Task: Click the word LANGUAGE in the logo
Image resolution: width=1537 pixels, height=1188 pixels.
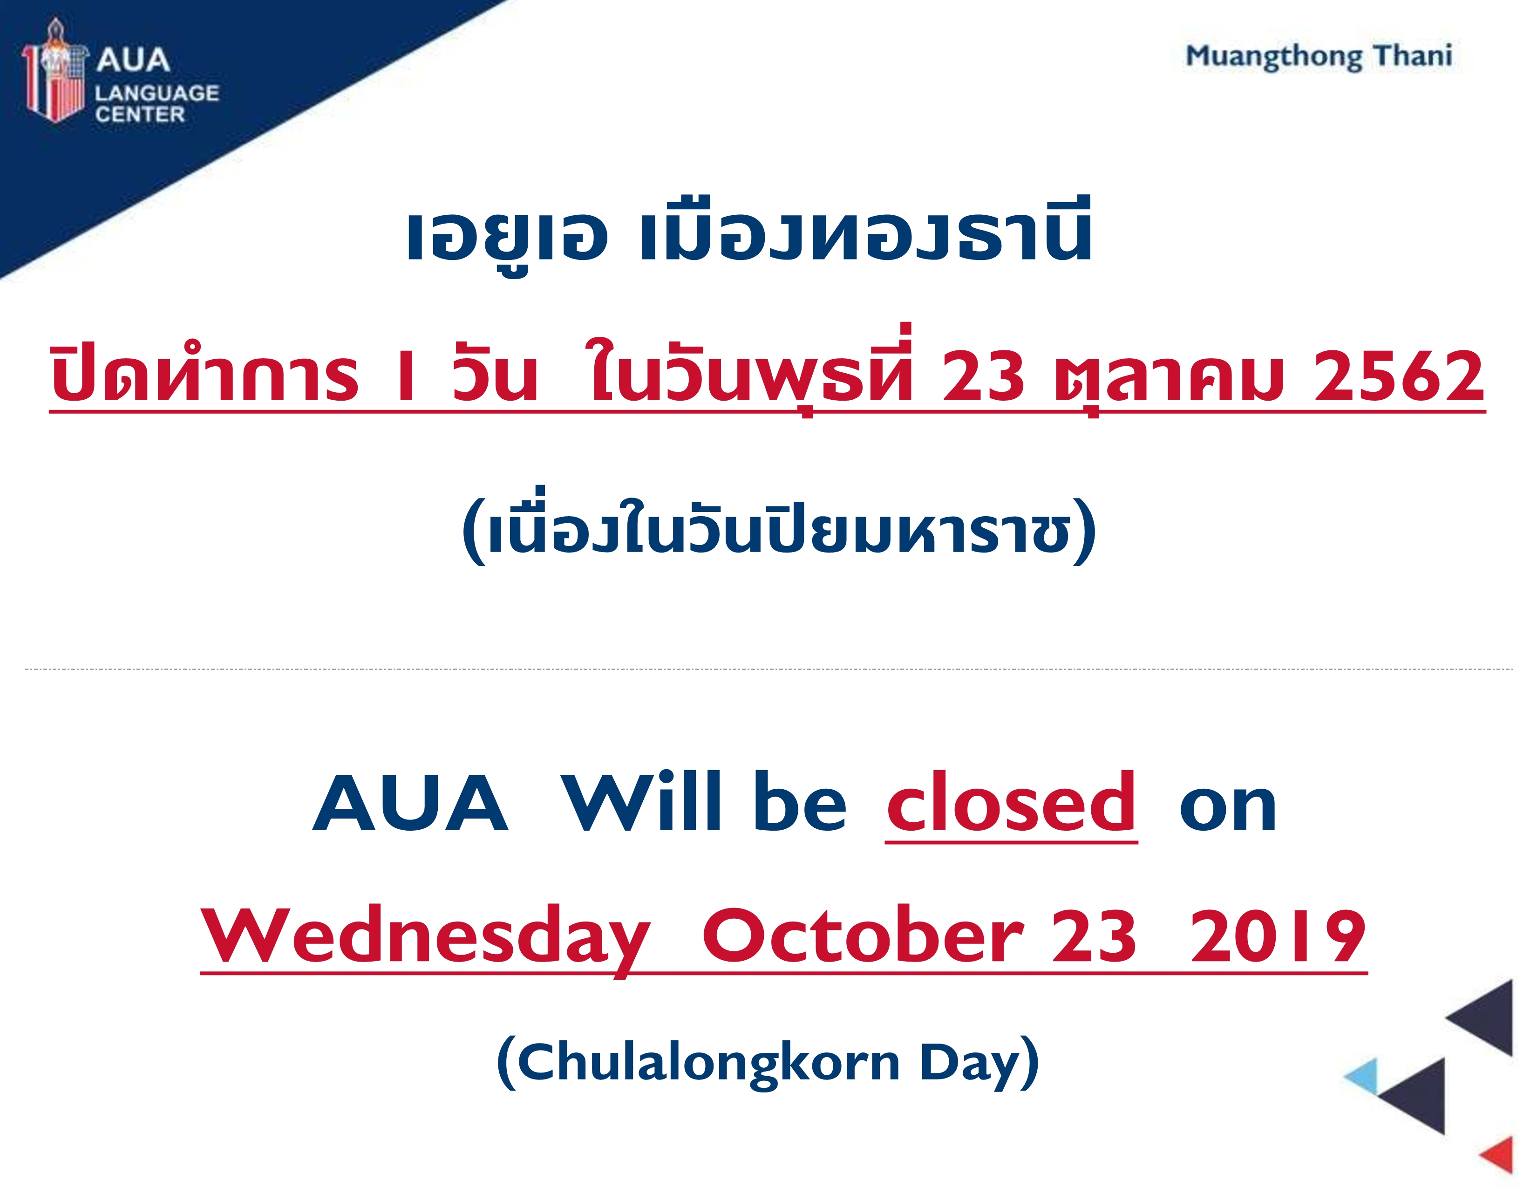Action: pos(157,93)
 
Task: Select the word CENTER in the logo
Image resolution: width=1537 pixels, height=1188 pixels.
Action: pos(140,114)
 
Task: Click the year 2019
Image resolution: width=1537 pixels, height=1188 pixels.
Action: pos(1278,935)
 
